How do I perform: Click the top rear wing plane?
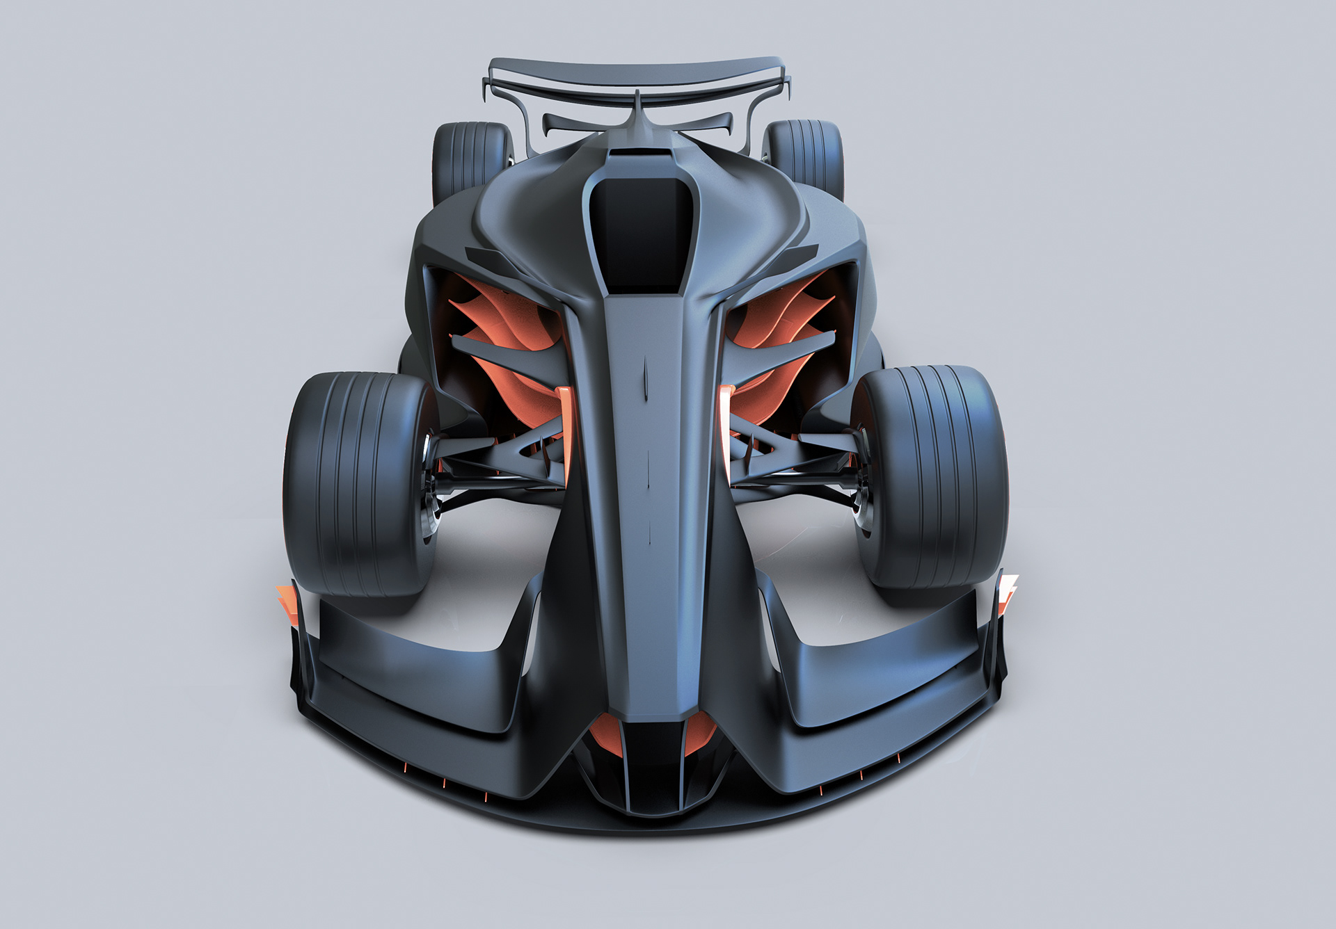pyautogui.click(x=637, y=74)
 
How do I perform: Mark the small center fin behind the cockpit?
pyautogui.click(x=637, y=108)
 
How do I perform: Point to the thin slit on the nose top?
pyautogui.click(x=646, y=379)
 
